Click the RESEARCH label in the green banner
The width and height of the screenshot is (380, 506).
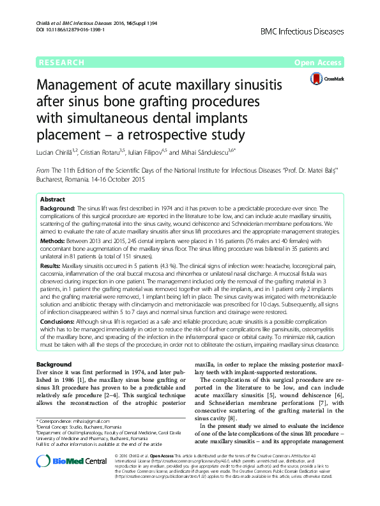click(61, 63)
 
